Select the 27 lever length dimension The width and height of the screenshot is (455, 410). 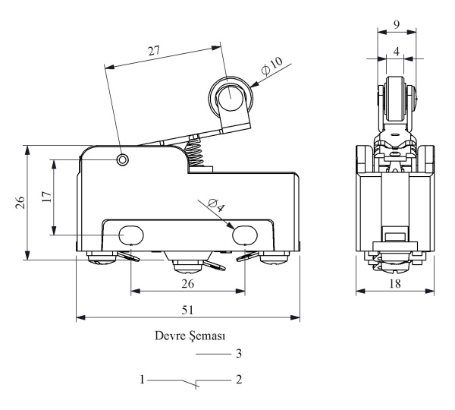(x=156, y=51)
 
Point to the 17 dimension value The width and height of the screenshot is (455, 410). (x=45, y=197)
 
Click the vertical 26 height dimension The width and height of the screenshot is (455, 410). (x=20, y=201)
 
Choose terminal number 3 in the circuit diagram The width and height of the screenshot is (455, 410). (x=239, y=353)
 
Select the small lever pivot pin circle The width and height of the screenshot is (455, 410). (x=123, y=159)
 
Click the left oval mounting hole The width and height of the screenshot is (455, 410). (x=130, y=235)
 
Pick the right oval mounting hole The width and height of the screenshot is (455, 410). (x=244, y=235)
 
